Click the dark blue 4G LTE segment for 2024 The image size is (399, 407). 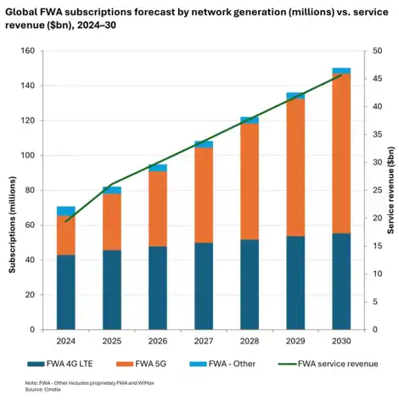pos(66,292)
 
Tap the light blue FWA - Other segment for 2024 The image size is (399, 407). pos(66,210)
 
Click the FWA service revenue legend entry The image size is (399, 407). pos(328,363)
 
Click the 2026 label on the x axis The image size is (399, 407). pos(158,342)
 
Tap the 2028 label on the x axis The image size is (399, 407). pos(250,342)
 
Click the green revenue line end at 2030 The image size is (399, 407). pos(341,75)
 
